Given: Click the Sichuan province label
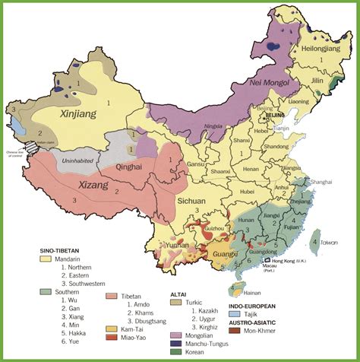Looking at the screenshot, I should (x=193, y=202).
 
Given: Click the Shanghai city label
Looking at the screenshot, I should (x=321, y=183).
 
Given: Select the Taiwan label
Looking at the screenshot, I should (x=328, y=241).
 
